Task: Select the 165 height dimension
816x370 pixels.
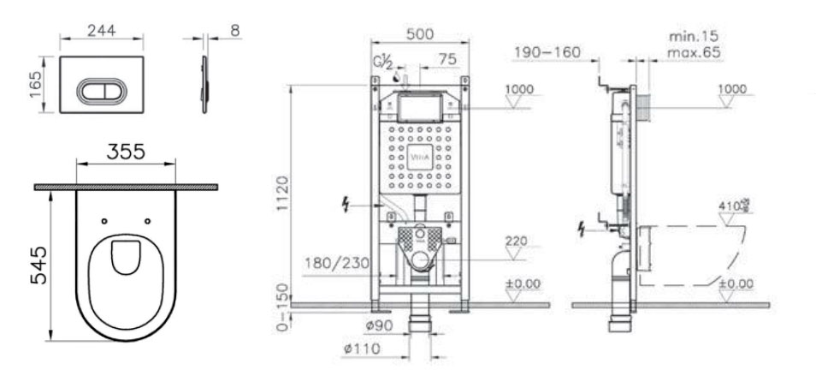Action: [33, 85]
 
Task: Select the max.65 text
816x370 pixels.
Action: [695, 53]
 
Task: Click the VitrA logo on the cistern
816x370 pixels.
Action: [418, 158]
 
